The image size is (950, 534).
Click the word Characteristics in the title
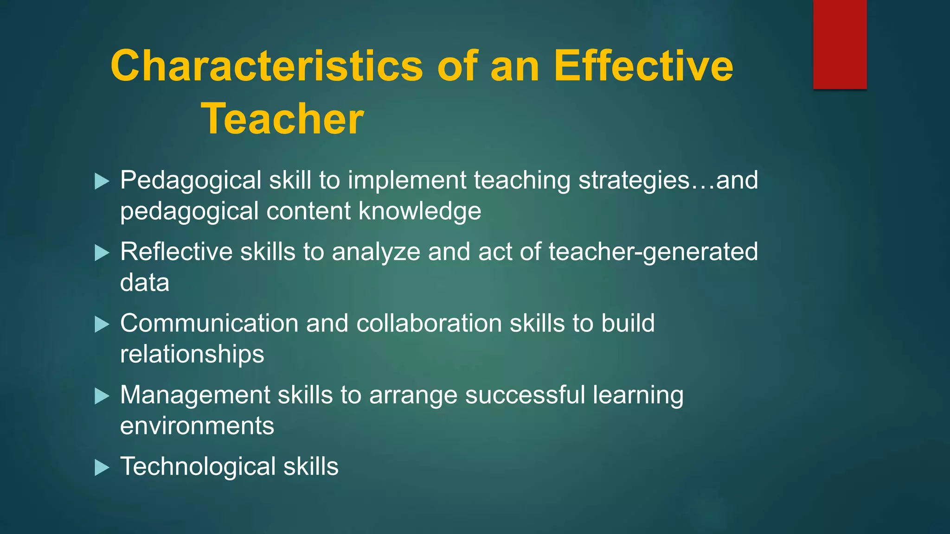coord(267,66)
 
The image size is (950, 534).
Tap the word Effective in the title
coord(643,66)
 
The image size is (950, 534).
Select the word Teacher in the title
coord(282,119)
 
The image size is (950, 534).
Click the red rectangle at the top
coord(840,44)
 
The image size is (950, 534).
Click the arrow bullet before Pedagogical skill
coord(102,181)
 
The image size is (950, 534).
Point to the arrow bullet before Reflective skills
coord(102,253)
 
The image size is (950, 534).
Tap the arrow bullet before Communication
coord(102,324)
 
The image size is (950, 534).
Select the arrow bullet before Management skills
coord(102,396)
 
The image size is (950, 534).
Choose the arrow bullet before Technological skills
coord(102,468)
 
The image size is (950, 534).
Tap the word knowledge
coord(420,211)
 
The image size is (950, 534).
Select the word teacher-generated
coord(653,252)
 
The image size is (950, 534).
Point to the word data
coord(145,283)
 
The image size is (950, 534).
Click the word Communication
coord(209,323)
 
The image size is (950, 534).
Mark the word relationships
coord(192,355)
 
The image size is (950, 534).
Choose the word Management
coord(195,395)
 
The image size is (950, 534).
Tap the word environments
coord(197,426)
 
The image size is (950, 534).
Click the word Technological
coord(198,466)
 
